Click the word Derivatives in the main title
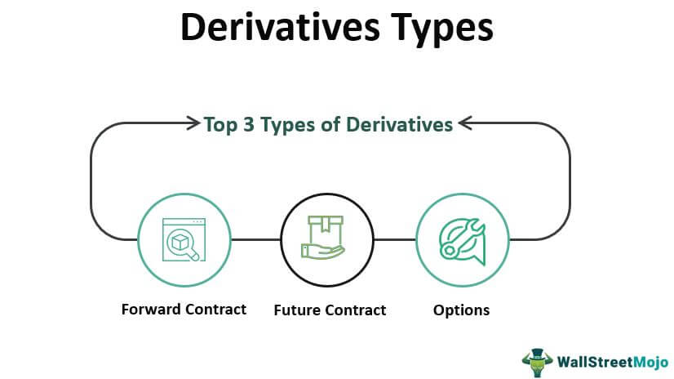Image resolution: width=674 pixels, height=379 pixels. [x=280, y=28]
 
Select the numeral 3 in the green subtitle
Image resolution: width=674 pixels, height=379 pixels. [x=249, y=125]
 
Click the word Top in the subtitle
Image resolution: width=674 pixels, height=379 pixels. [x=220, y=125]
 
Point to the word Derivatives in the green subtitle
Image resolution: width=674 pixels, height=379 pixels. [x=399, y=124]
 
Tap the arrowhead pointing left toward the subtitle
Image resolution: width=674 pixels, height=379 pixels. [x=466, y=123]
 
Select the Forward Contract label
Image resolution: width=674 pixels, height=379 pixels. [x=184, y=310]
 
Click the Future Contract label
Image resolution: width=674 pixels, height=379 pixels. [x=330, y=310]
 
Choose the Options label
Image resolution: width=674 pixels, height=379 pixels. [x=461, y=310]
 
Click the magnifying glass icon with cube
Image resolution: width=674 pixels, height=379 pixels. [x=184, y=239]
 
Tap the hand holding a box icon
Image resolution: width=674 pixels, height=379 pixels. [x=323, y=238]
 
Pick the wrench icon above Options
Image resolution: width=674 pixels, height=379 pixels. [x=462, y=242]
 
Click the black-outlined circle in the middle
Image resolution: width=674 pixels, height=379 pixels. [x=327, y=194]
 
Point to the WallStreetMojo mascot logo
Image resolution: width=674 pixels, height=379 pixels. [x=537, y=362]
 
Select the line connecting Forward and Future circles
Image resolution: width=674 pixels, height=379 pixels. [x=255, y=239]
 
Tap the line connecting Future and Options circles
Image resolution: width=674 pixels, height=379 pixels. [x=395, y=239]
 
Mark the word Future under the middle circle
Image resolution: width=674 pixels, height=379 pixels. [x=298, y=310]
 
